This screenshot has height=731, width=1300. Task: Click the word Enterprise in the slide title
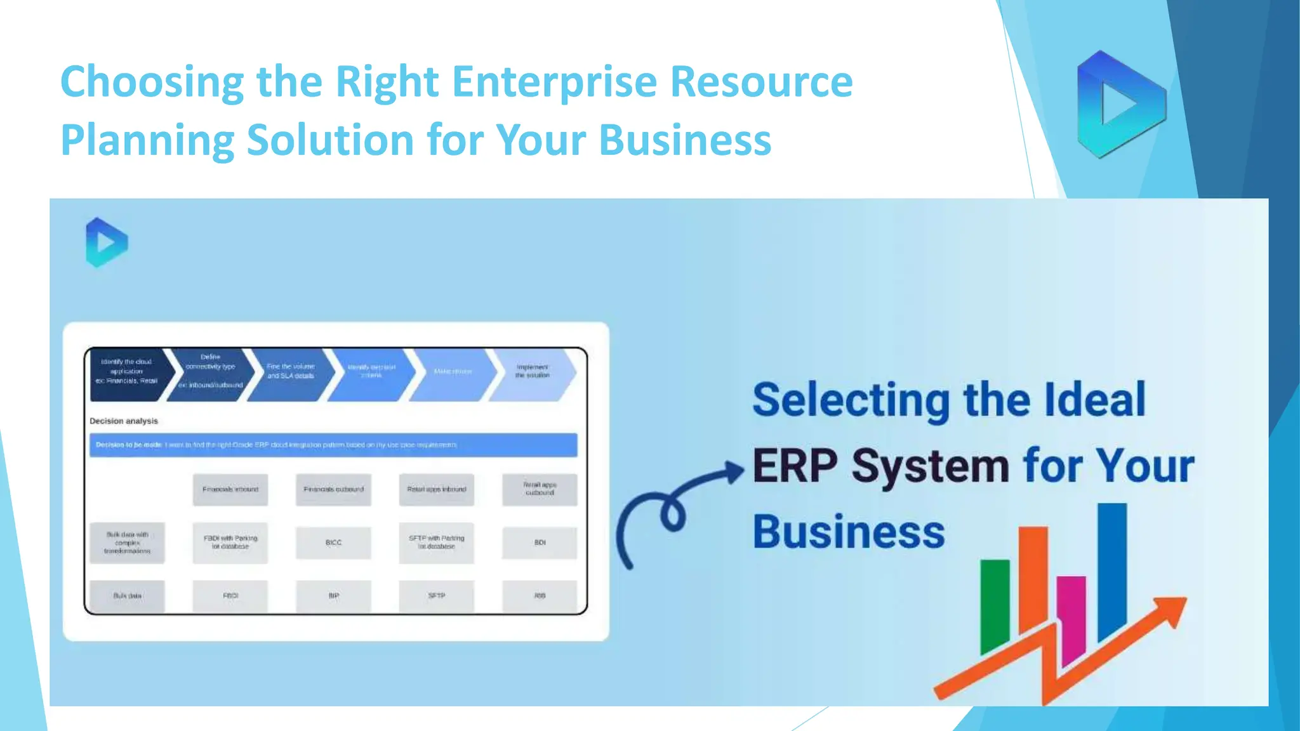554,82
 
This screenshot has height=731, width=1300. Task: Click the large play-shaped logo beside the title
1120,105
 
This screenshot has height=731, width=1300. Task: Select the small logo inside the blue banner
106,242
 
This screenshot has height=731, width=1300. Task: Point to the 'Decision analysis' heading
124,421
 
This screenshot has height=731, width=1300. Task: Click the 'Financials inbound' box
230,489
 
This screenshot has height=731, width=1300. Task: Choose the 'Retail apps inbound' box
437,489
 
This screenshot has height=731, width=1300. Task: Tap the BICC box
333,543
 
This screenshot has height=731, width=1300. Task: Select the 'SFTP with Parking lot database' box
437,543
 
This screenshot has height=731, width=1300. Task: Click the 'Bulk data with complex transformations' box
127,543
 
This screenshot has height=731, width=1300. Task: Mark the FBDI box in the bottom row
230,596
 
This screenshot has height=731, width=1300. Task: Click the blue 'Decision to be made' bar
333,445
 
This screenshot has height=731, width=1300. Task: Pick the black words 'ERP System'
880,466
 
